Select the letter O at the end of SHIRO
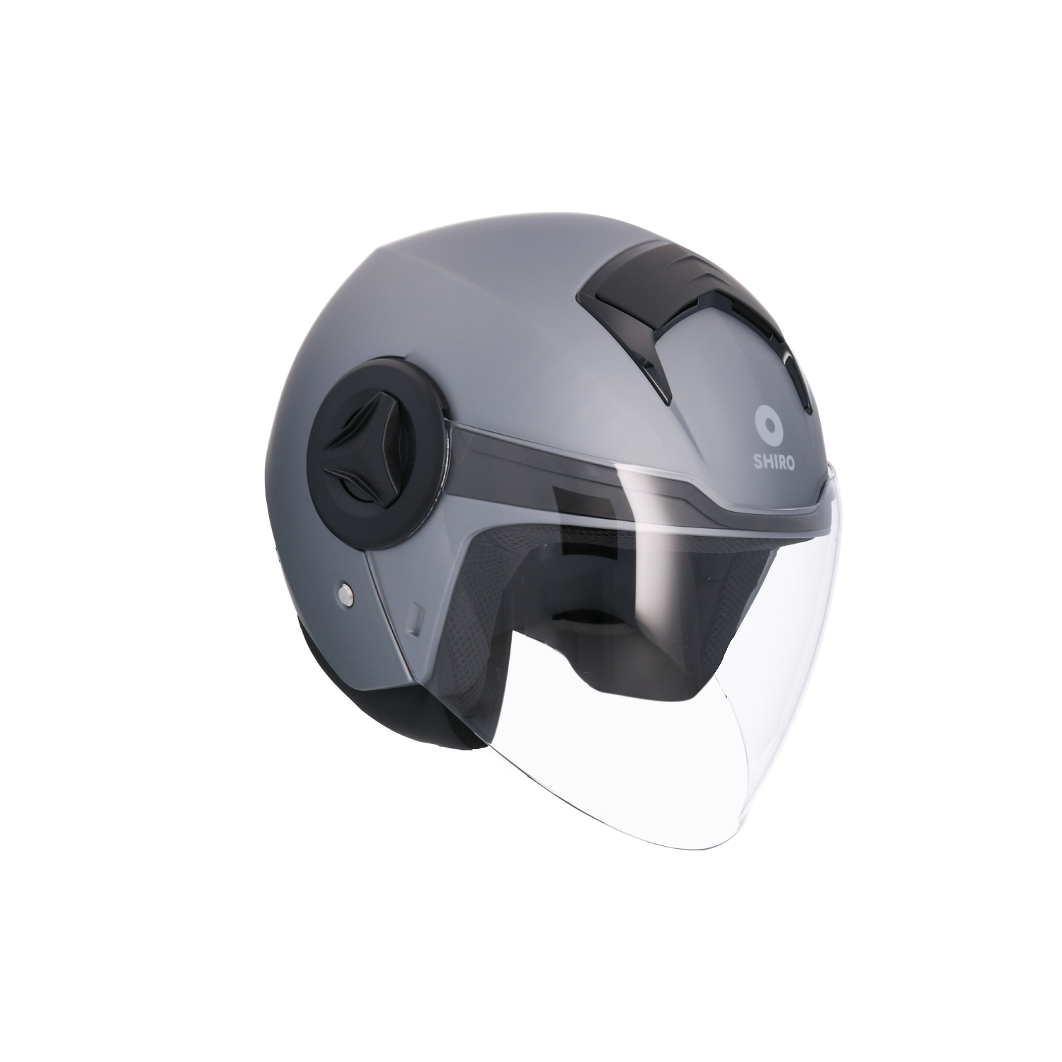click(x=790, y=463)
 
